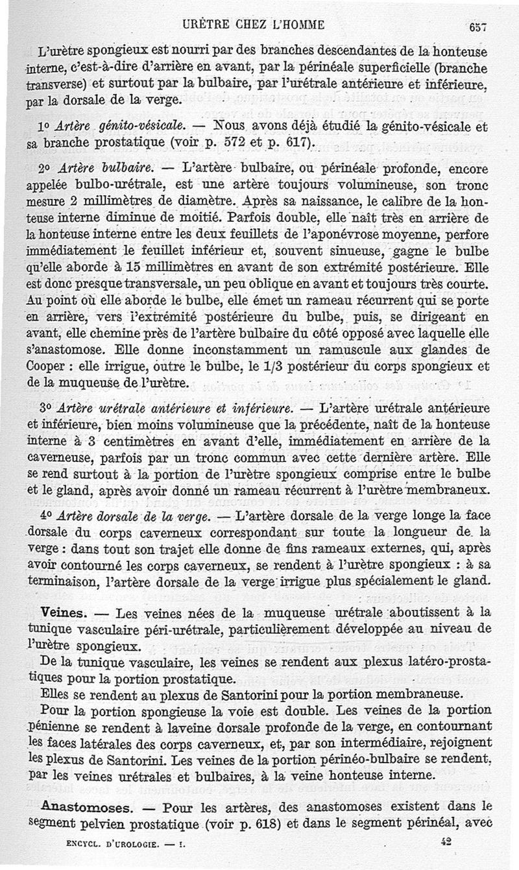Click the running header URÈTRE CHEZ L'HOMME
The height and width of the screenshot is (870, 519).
click(x=253, y=25)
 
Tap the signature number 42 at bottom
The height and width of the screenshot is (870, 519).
click(x=443, y=841)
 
